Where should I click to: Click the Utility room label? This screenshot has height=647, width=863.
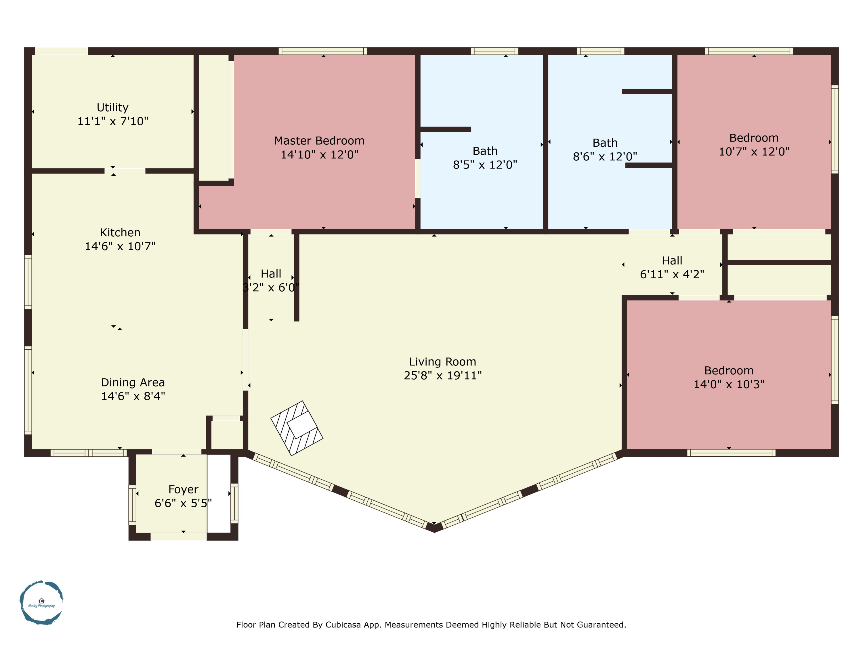112,107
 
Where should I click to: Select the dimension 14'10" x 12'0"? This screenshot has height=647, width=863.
319,154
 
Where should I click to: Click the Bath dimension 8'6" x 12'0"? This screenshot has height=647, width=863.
605,156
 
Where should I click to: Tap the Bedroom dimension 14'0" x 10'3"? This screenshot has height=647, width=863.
729,384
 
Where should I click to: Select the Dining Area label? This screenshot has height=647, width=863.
133,382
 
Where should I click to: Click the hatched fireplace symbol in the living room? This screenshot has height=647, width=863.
297,428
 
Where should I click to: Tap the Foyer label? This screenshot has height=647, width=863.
183,489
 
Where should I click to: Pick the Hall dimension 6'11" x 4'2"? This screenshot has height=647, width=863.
672,274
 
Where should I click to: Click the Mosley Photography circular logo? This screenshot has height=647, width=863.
41,602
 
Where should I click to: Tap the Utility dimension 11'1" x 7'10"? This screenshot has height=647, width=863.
112,121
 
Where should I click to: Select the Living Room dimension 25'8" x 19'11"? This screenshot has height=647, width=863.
442,375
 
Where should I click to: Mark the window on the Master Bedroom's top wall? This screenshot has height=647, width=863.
323,51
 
